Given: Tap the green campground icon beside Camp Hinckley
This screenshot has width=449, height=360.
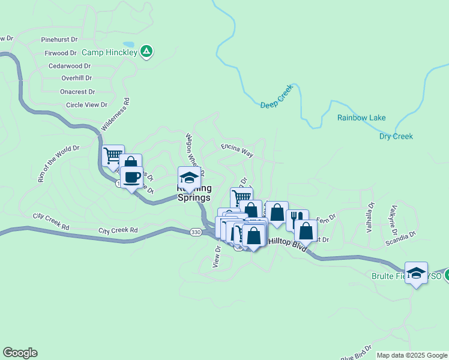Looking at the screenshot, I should coord(146,52).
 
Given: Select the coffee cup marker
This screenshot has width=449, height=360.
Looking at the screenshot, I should coord(131,178).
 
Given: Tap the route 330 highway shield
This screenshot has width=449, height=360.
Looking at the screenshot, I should coord(195,232).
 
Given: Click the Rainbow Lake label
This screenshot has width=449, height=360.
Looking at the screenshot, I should coord(361,118).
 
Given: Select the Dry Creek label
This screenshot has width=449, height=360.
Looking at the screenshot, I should coord(396,136).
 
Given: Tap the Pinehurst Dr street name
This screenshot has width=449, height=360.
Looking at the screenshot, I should coord(59,40).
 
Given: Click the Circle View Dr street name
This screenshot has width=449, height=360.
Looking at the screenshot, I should coord(86,105).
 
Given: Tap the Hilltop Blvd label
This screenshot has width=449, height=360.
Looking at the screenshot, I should coord(287,241).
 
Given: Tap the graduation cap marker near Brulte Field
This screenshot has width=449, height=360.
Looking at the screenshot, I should coord(416,273).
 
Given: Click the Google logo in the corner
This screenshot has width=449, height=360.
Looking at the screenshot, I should coord(20,353).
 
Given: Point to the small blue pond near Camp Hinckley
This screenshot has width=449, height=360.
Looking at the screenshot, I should coord(128,44).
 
